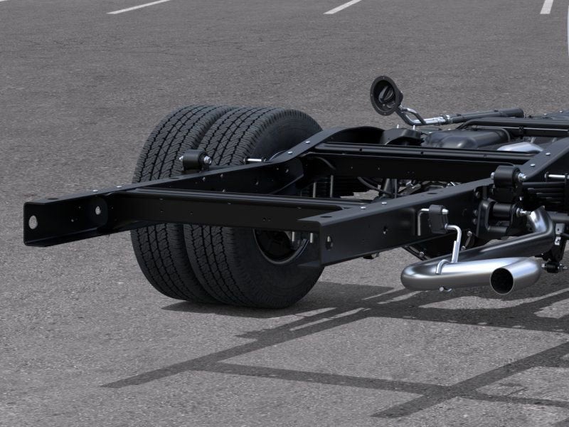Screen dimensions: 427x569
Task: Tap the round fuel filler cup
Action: pyautogui.click(x=385, y=95)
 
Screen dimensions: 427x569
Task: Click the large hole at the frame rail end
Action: pyautogui.click(x=33, y=221)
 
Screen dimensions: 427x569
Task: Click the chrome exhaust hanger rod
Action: pyautogui.click(x=452, y=246)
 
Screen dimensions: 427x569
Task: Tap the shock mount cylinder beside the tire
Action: pyautogui.click(x=194, y=161)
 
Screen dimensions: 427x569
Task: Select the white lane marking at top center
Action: pyautogui.click(x=343, y=6)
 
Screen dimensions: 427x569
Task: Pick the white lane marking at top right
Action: pyautogui.click(x=546, y=6)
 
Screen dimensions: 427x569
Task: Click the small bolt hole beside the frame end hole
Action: pyautogui.click(x=97, y=211)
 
